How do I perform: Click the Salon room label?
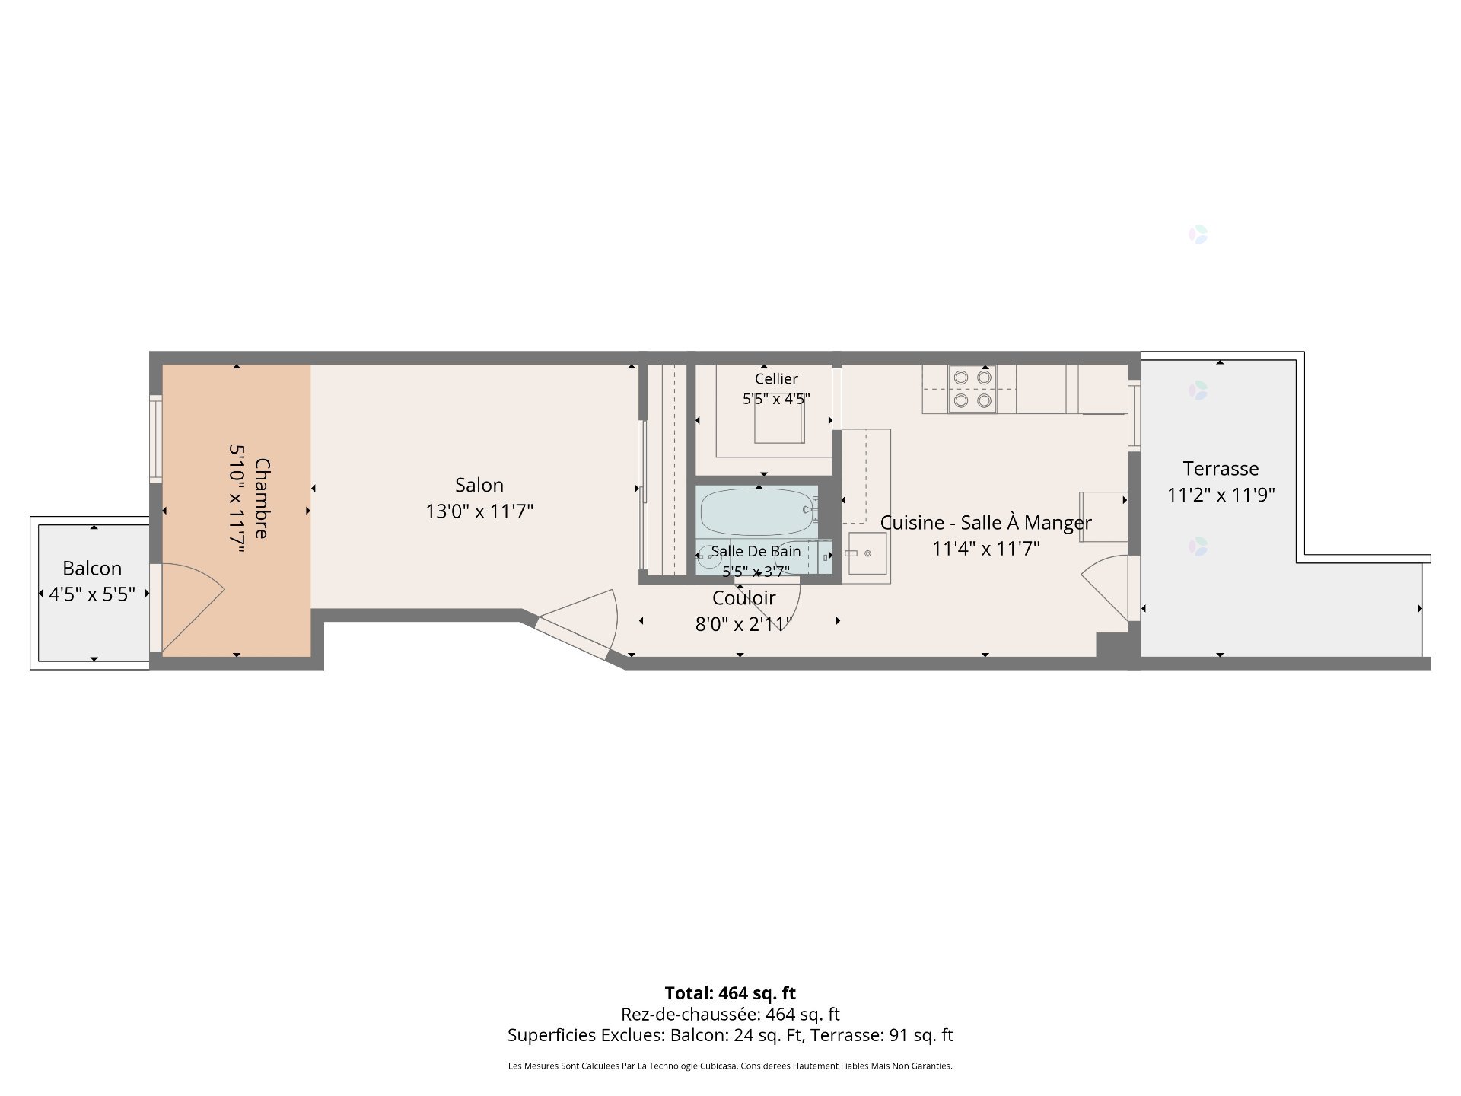coord(479,485)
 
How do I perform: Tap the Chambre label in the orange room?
coord(262,499)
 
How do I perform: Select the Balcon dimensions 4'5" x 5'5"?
coord(92,594)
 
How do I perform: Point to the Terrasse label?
coord(1221,469)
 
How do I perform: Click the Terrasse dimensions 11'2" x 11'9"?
coord(1221,495)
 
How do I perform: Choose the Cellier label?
coord(776,379)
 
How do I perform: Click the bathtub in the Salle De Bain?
coord(756,512)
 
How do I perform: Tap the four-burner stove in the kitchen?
coord(972,388)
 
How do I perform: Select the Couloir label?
coord(743,598)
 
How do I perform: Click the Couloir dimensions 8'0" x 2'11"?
coord(743,625)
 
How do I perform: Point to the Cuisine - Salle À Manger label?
coord(985,523)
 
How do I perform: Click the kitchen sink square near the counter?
coord(867,553)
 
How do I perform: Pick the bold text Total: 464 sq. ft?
coord(730,993)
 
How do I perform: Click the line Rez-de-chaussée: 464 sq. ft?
coord(730,1014)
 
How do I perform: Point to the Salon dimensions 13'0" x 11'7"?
coord(479,511)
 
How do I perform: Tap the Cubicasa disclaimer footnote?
coord(730,1066)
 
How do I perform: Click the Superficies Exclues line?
coord(730,1035)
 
